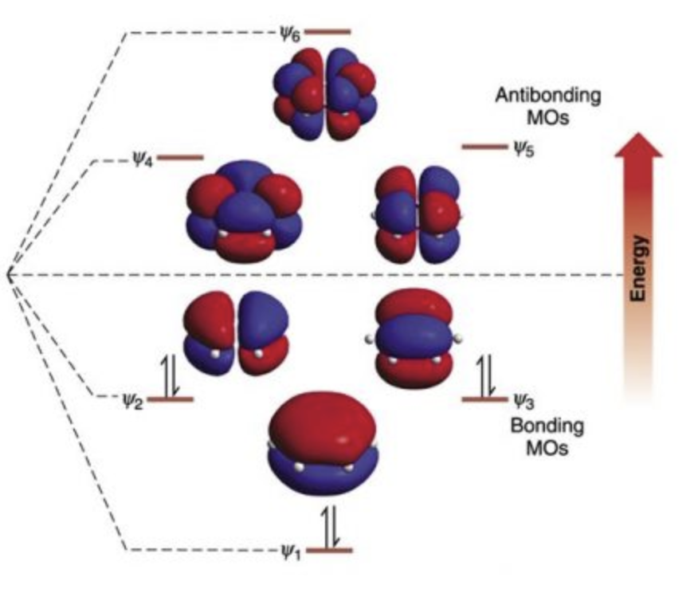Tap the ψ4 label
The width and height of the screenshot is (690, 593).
click(x=141, y=158)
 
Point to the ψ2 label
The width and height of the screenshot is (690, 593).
click(x=132, y=399)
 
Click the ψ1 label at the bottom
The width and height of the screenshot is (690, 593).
click(x=291, y=550)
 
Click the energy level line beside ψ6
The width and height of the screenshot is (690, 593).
click(x=327, y=33)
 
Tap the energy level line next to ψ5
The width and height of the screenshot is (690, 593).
click(x=484, y=147)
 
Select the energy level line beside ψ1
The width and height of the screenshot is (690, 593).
click(x=329, y=550)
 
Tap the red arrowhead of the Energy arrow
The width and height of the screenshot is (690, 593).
click(x=639, y=148)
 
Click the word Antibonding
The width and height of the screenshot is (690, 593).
click(x=548, y=96)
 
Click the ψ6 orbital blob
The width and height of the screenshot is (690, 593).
click(x=325, y=93)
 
